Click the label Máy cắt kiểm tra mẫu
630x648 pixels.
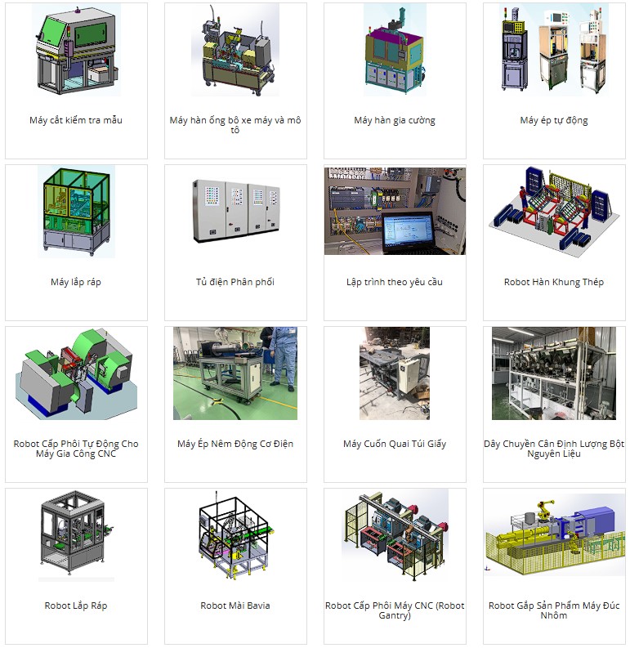76,121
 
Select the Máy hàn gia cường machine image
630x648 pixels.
395,49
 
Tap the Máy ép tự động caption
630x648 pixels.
553,121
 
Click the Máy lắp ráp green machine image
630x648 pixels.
76,211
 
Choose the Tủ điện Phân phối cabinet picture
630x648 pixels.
235,211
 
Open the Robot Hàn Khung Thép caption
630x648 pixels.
553,283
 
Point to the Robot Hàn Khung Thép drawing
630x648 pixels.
553,208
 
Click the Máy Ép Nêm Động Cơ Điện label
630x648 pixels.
235,445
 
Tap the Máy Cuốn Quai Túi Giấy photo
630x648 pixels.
395,373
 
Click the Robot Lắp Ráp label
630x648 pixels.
76,606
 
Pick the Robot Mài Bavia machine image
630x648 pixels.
235,535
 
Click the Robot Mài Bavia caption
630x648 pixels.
235,606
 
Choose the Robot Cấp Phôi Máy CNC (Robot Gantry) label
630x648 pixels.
395,610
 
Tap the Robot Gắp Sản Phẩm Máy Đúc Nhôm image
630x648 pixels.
553,531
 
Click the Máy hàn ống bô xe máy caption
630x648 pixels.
235,125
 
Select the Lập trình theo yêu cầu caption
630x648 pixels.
395,283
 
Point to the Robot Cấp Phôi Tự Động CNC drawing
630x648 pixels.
76,372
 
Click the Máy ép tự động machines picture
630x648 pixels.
553,49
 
